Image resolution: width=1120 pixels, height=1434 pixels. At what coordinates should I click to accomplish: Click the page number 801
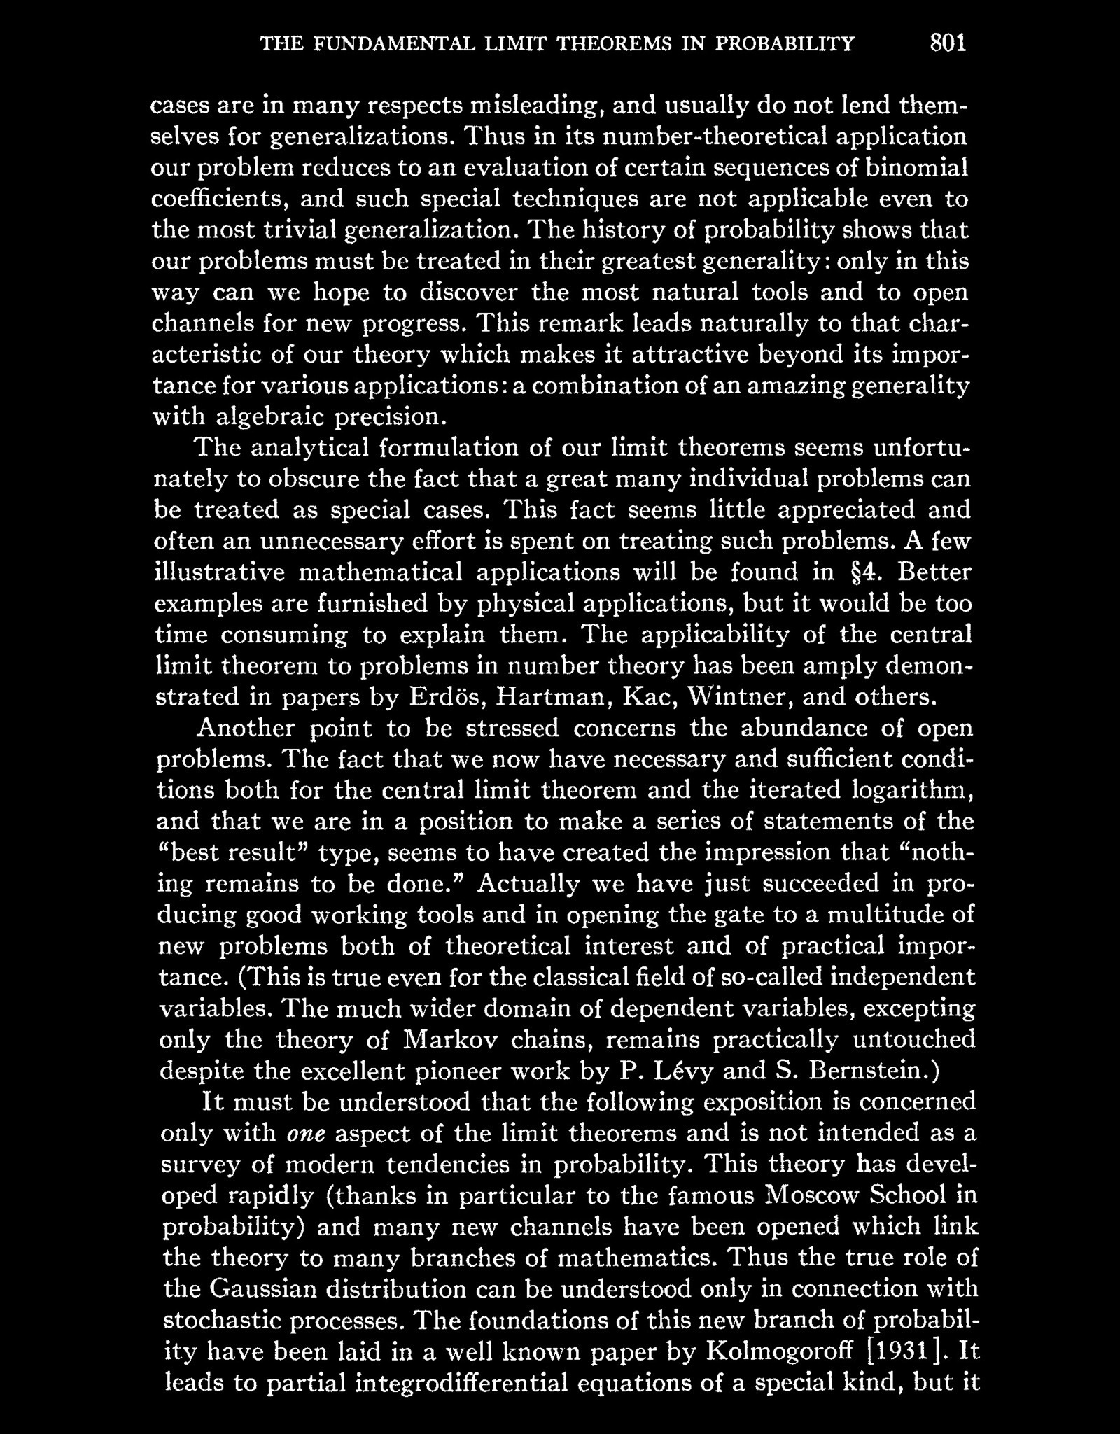tap(948, 43)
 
